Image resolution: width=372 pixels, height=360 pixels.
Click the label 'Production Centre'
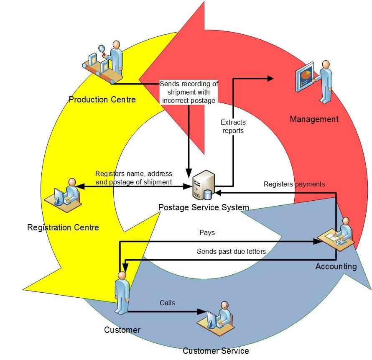[102, 100]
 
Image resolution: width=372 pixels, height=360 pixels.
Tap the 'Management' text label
[314, 120]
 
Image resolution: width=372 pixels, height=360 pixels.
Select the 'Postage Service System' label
[204, 207]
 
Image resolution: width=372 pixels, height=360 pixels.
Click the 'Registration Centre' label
[63, 228]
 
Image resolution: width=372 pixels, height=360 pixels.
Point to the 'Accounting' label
[336, 266]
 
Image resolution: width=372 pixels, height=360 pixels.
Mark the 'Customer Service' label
[216, 351]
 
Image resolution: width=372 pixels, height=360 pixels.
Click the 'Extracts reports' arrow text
[233, 127]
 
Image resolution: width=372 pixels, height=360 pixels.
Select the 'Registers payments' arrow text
[294, 184]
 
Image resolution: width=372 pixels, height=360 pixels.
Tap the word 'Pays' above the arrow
[207, 232]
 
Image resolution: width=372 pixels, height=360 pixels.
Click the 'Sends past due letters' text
[231, 252]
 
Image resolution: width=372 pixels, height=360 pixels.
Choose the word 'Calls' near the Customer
[167, 303]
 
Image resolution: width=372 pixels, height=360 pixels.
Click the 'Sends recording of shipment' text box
[189, 92]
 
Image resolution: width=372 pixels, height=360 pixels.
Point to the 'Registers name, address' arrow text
[133, 178]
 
